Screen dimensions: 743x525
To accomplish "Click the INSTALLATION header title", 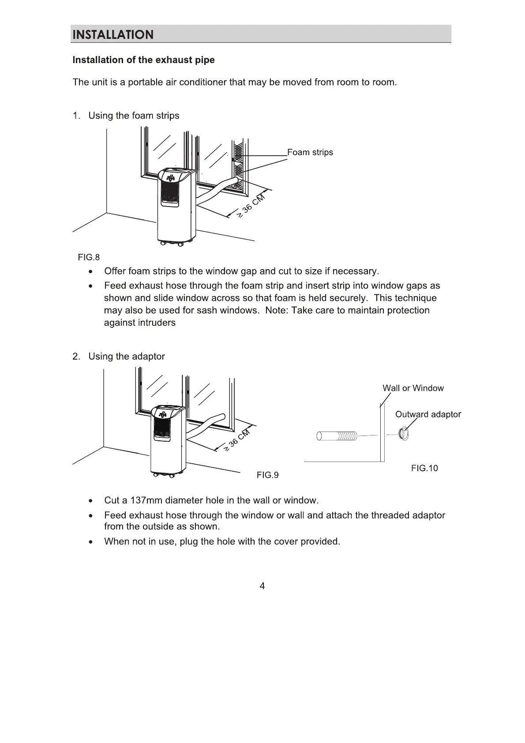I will click(x=113, y=35).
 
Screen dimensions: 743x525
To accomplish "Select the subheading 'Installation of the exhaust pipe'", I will click(x=143, y=60).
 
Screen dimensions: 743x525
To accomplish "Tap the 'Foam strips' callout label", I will click(x=310, y=152).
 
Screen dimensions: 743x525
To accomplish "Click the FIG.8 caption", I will click(x=89, y=257).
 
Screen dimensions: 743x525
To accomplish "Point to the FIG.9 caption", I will click(x=267, y=475).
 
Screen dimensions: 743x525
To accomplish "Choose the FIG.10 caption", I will click(x=424, y=468).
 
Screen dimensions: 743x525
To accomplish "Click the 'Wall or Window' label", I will click(x=413, y=388).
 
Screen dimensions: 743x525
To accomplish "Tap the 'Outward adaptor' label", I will click(x=428, y=414).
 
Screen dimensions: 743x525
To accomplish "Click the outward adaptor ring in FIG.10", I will click(x=403, y=433).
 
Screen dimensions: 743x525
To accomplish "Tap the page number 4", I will click(x=262, y=586).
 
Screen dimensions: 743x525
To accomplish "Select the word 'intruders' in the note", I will click(x=157, y=323).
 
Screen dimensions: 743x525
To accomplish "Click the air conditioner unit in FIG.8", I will click(x=176, y=205).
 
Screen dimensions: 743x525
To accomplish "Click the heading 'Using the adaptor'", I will click(x=126, y=356).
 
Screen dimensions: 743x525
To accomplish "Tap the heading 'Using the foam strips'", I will click(x=134, y=116).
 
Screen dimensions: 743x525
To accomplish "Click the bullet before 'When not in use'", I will click(x=90, y=542).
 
